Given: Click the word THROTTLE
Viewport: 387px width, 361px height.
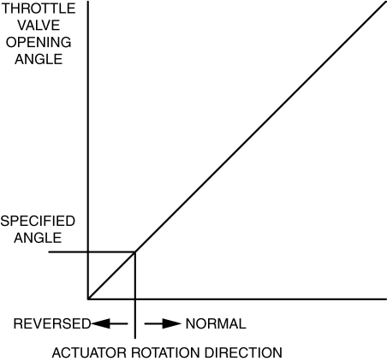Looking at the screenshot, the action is tap(39, 9).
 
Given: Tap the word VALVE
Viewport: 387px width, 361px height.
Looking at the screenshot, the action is tap(39, 25).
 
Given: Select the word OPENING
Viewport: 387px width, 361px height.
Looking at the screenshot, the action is tap(39, 42).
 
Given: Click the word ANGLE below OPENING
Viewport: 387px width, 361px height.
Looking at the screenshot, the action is tap(39, 59).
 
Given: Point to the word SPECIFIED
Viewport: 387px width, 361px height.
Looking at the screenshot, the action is tap(38, 221).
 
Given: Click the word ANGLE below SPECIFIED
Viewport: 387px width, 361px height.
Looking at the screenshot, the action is tap(38, 238).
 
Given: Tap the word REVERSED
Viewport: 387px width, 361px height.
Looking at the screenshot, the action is tap(52, 323).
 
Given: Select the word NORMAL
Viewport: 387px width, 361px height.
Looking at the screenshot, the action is tap(216, 323).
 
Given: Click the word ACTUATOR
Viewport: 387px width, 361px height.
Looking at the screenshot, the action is tap(89, 352).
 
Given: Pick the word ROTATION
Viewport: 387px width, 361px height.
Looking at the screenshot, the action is tap(165, 352).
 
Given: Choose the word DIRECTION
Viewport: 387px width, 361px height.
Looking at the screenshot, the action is tap(243, 352).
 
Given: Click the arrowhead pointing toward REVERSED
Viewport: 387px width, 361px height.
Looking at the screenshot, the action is tap(100, 323).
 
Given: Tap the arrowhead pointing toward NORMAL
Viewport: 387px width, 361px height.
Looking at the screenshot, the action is tap(172, 323).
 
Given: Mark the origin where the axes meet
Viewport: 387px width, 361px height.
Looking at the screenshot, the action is tap(88, 299).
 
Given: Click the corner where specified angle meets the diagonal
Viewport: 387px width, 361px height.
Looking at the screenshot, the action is tap(135, 252).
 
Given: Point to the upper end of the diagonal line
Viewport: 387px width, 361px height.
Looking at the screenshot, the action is tap(386, 3).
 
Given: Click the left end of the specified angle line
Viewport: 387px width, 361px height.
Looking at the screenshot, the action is tap(49, 252).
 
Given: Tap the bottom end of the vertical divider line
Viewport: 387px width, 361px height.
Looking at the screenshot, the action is tap(135, 339).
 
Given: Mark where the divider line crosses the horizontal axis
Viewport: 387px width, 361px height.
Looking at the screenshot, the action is tap(135, 299).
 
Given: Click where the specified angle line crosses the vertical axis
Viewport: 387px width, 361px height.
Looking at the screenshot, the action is tap(88, 252).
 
